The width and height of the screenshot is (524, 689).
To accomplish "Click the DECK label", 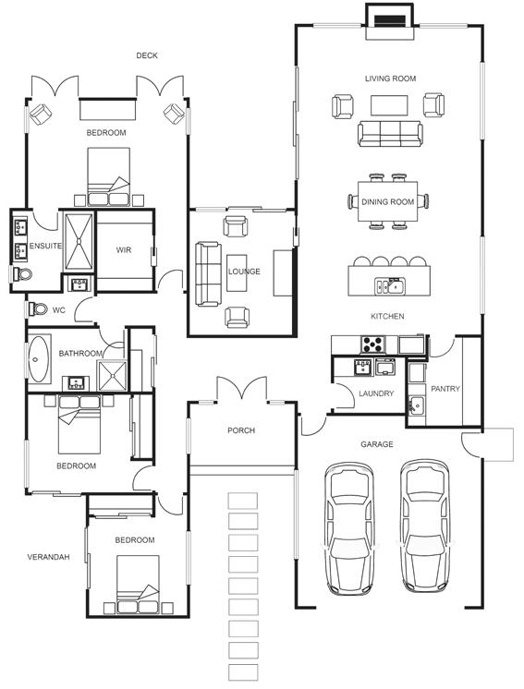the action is (x=147, y=55).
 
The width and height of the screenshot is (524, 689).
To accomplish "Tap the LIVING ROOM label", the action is (x=390, y=79).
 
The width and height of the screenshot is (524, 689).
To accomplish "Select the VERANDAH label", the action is (x=48, y=557).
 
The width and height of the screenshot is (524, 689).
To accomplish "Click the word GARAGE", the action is (x=377, y=444).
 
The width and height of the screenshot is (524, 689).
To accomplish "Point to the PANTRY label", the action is (x=445, y=389).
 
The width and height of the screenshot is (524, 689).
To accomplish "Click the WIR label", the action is (x=124, y=250).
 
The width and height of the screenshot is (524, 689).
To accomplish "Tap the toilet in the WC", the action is (x=38, y=308).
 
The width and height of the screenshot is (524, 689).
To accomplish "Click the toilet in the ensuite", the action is (x=22, y=274).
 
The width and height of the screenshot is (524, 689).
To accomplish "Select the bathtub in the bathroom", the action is (x=39, y=359).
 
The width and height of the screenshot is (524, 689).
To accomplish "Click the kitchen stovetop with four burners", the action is (x=372, y=344).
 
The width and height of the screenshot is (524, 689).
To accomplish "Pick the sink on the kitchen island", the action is (x=390, y=286).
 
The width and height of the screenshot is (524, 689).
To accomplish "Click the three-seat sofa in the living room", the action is (x=390, y=134).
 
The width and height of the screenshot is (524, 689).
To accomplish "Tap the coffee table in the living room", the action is (x=389, y=105).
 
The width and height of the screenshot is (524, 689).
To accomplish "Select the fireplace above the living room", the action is (x=390, y=21).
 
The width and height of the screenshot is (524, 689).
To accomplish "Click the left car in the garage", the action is (x=349, y=528).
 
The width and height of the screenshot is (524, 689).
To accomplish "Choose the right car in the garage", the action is (x=424, y=526).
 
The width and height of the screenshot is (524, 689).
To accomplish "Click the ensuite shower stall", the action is (x=79, y=241).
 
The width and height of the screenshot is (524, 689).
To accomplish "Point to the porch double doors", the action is (x=241, y=389).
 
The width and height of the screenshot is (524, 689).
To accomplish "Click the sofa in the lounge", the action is (x=208, y=273).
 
